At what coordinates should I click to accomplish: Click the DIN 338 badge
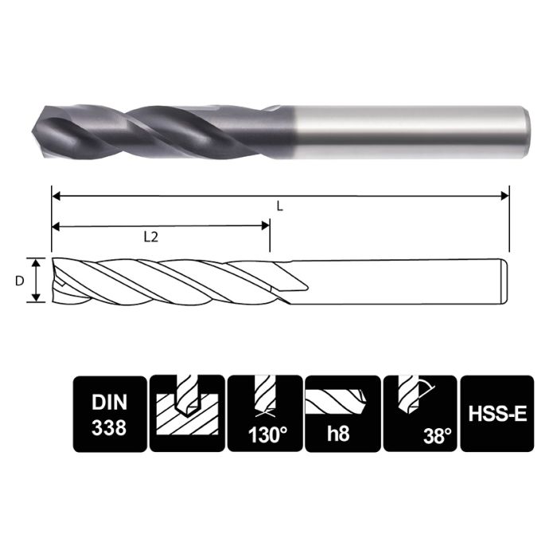coord(109,414)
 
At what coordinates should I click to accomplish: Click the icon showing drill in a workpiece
coord(186,414)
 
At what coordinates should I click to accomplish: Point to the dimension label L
coord(279,205)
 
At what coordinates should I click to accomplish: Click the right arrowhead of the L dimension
coord(504,194)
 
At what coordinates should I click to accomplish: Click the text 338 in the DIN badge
coord(109,427)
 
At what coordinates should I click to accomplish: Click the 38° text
coord(437,436)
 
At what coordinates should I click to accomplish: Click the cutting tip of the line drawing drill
coord(54,281)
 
